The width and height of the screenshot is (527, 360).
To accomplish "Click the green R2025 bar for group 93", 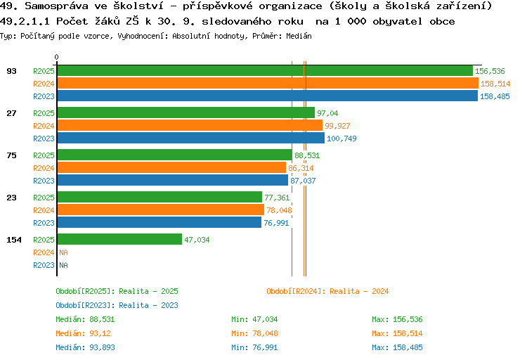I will [x=264, y=71].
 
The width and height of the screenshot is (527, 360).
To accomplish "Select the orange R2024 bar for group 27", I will [x=190, y=126].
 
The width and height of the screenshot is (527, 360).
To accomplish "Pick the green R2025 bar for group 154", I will [x=119, y=240].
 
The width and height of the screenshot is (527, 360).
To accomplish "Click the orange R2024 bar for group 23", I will [x=160, y=210].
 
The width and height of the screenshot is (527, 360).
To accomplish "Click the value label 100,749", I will [x=341, y=139].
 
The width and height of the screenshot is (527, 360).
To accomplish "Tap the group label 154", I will [x=14, y=240].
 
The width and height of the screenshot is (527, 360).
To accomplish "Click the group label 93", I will [x=11, y=71].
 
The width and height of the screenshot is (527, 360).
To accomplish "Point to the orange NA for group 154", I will [x=63, y=252].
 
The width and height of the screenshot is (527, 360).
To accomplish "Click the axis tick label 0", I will [x=57, y=57].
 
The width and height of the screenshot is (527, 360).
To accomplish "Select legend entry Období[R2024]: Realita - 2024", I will [x=327, y=291].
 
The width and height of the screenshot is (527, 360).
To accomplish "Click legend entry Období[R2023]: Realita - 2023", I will [x=117, y=305].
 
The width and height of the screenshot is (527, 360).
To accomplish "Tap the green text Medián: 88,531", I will [x=85, y=319].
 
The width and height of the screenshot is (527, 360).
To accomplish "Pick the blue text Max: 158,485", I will [x=397, y=347].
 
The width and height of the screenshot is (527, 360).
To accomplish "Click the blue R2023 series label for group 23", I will [x=44, y=223].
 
